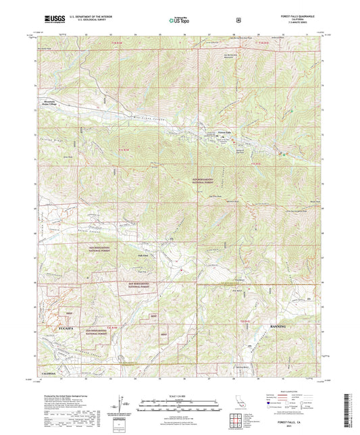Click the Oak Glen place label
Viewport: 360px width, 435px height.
pos(144,255)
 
